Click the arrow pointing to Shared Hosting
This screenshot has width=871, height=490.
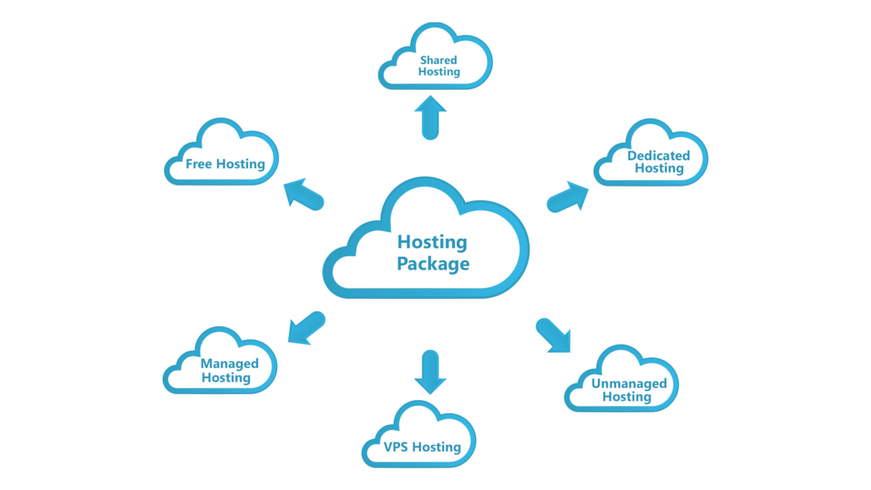(430, 117)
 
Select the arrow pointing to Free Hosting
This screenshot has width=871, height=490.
(303, 195)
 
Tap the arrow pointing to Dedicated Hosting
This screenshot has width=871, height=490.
(568, 197)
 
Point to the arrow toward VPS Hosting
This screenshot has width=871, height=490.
(430, 372)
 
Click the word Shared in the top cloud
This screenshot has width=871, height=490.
(438, 60)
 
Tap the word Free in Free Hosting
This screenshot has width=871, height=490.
(199, 164)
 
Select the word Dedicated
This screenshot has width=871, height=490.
(658, 156)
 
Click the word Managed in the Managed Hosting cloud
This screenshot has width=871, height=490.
(229, 364)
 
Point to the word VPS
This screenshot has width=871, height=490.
(396, 446)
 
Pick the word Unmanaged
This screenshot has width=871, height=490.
(629, 383)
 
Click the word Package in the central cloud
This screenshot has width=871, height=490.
(433, 264)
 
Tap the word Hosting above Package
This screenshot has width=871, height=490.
(433, 242)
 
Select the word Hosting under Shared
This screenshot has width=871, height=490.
(439, 73)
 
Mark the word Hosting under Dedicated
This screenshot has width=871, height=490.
(659, 168)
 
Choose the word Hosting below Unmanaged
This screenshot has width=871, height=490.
(627, 397)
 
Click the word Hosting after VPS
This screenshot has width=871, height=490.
(436, 447)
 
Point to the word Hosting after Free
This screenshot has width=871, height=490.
(240, 164)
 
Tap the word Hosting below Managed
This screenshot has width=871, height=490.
(226, 377)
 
